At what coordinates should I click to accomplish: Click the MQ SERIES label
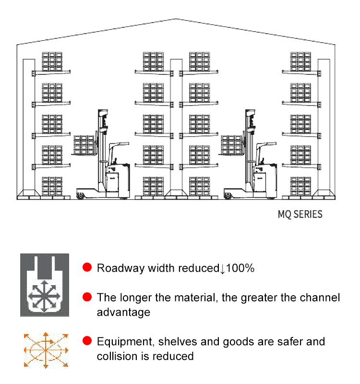coord(300,214)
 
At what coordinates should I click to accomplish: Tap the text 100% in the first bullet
coord(240,268)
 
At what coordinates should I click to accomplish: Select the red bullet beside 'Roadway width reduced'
coord(87,267)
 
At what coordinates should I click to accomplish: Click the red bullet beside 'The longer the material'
coord(87,297)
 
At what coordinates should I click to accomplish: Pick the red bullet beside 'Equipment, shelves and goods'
coord(87,341)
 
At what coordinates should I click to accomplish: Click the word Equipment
coord(126,342)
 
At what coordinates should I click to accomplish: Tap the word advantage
coord(123,313)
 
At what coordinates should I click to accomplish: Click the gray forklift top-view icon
coord(45,285)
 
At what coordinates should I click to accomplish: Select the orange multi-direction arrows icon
coord(46,350)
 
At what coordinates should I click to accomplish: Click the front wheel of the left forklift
coord(80,196)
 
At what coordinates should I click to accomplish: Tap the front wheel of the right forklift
coord(228,196)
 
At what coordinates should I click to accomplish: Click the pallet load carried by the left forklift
coord(84,145)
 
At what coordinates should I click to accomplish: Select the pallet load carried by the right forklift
coord(231,145)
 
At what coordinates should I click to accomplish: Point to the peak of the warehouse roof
coord(176,19)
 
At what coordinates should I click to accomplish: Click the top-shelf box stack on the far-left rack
coord(52,61)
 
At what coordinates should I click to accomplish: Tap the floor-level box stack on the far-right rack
coord(300,186)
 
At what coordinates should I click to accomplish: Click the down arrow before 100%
coord(222,269)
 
